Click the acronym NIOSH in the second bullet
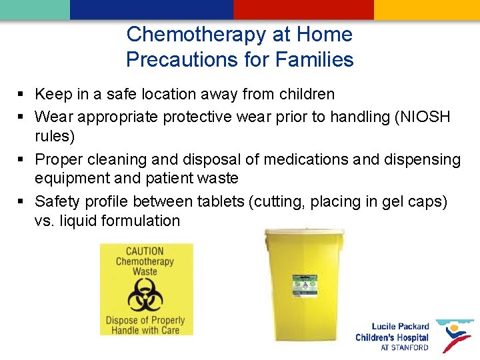[x=426, y=117]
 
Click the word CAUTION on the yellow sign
[x=145, y=251]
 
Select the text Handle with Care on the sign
[x=145, y=331]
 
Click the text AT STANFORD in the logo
[x=404, y=348]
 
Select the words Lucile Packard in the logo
[x=400, y=327]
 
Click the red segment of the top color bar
[x=303, y=9]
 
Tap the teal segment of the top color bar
[x=35, y=9]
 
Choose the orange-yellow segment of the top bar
[x=427, y=9]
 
